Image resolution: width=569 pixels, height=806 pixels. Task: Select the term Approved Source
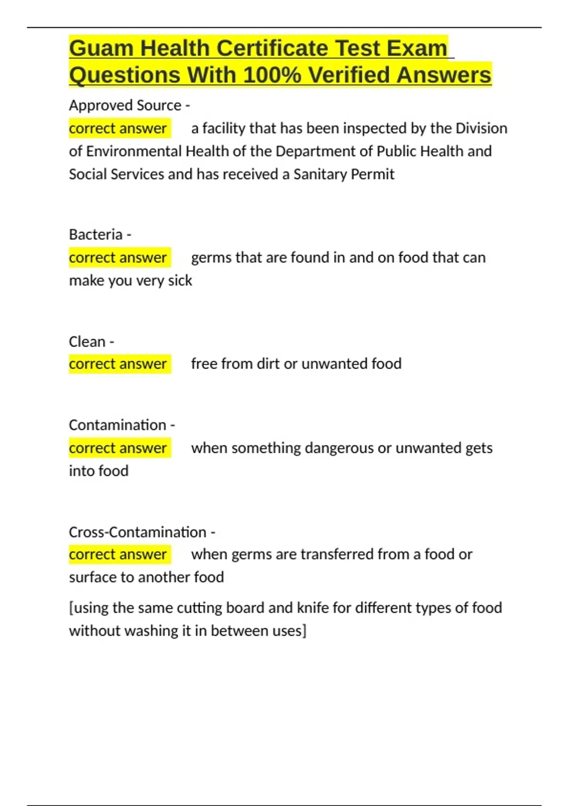coord(125,105)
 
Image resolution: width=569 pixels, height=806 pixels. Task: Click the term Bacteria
coord(96,234)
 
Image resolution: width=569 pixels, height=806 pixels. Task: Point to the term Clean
coord(87,341)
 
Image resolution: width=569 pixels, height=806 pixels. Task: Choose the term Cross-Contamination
coord(138,532)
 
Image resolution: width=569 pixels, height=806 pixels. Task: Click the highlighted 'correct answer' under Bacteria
coord(118,257)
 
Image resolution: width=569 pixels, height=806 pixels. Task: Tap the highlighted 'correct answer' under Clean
coord(118,364)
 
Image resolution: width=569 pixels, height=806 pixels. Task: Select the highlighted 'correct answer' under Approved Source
coord(118,128)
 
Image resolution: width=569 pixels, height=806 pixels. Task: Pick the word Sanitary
coord(320,174)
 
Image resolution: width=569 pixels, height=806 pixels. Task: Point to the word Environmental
coord(134,151)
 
